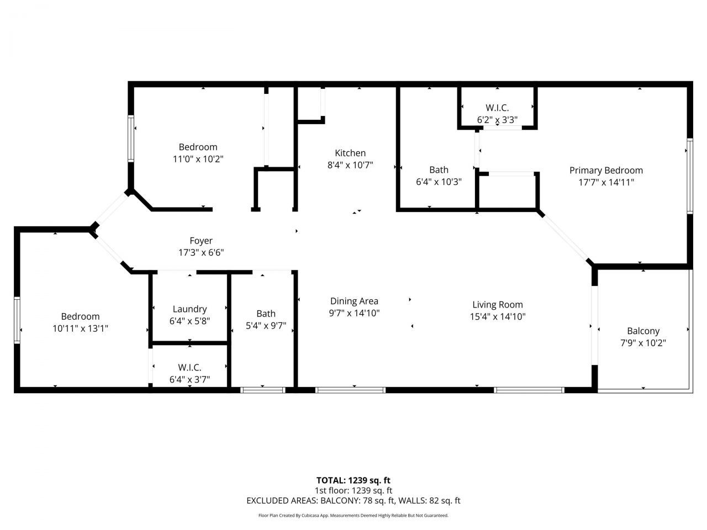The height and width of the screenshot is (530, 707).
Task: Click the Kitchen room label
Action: [x=350, y=153]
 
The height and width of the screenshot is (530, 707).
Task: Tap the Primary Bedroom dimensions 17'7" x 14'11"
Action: [x=606, y=182]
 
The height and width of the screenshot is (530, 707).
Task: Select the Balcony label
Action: [x=643, y=331]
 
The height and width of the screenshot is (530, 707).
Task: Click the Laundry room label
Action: [x=189, y=309]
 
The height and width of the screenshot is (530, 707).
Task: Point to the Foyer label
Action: [x=201, y=241]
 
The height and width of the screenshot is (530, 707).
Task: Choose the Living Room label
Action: [x=497, y=304]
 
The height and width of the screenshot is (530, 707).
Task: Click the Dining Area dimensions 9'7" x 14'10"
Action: [x=354, y=313]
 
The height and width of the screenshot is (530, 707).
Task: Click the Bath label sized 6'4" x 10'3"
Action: [x=439, y=169]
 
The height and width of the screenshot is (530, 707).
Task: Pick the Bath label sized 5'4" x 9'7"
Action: [x=266, y=314]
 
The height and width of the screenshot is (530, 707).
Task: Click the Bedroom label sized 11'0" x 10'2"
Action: [x=198, y=147]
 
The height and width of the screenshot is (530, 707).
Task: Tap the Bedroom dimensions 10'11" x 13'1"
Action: [x=81, y=328]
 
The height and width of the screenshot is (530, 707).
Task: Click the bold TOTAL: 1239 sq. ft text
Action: [x=353, y=480]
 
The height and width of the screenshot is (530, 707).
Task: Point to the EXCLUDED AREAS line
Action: [x=353, y=501]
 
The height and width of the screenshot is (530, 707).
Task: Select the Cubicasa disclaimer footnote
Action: [x=353, y=516]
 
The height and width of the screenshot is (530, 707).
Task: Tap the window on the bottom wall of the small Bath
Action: [x=263, y=390]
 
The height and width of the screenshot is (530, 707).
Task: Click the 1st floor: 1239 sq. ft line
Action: [x=353, y=490]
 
